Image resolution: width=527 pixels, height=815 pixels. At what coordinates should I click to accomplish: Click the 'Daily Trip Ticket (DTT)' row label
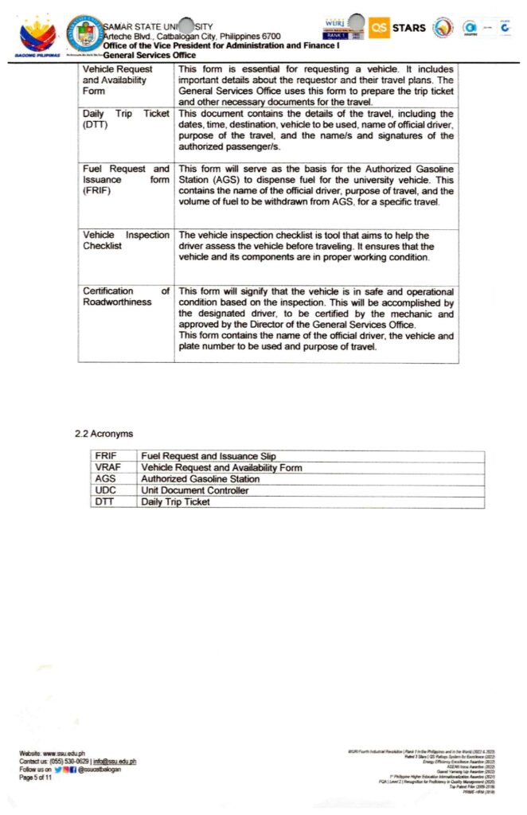(126, 119)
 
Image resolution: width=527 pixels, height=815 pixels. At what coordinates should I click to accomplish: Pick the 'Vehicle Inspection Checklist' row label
(126, 240)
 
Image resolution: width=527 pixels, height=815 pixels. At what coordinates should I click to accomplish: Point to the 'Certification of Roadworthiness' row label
(126, 296)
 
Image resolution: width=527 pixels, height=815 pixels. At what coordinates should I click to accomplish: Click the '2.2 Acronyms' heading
(103, 434)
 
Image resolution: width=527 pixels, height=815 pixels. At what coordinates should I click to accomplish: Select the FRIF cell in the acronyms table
(106, 456)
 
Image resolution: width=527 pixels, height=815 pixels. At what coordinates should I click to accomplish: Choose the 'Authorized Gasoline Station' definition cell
(200, 479)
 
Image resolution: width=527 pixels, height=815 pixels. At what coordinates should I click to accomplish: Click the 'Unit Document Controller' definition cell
(194, 490)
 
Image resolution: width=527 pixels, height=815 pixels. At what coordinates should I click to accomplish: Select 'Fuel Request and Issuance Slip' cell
(208, 456)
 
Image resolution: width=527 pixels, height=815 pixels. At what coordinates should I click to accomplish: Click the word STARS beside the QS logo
(409, 29)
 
